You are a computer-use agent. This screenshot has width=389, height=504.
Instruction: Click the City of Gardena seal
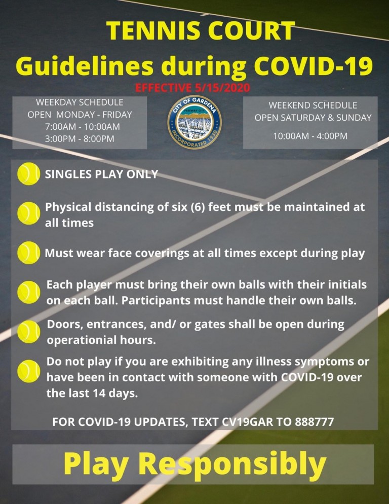(194, 122)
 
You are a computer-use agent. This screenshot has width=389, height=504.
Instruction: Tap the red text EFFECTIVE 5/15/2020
(192, 87)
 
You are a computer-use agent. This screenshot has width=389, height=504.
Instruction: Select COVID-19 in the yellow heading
(313, 65)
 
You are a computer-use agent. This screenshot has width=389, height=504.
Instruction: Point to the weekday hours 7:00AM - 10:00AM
(83, 127)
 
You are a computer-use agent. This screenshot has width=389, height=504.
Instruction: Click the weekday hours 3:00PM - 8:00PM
(80, 139)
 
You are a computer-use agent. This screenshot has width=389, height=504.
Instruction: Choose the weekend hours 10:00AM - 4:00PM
(310, 136)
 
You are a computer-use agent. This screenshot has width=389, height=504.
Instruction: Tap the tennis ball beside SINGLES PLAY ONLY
(28, 173)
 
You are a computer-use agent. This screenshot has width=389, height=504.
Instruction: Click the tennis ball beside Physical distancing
(28, 213)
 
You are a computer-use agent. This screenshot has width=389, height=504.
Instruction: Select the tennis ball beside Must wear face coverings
(28, 253)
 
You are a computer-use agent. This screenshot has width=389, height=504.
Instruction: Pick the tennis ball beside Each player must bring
(28, 292)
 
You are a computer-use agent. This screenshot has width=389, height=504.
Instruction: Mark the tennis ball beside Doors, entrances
(28, 332)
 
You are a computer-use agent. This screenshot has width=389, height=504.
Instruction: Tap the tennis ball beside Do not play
(28, 371)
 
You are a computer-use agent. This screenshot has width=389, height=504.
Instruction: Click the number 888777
(315, 422)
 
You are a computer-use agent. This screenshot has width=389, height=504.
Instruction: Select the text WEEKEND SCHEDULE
(313, 105)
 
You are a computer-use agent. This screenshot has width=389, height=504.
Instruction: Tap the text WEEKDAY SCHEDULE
(80, 102)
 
